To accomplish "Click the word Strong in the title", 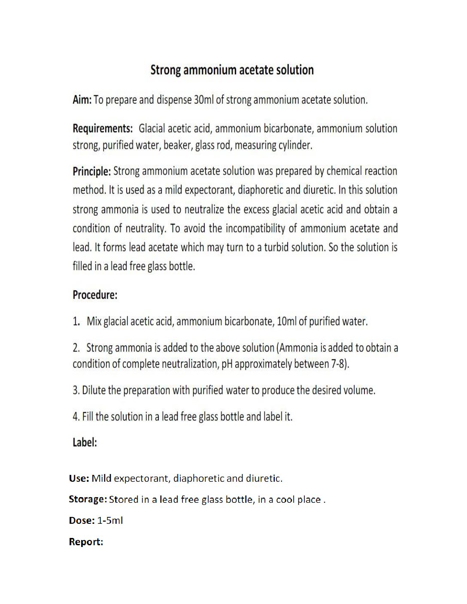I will [x=166, y=70].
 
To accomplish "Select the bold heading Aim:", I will [x=82, y=100].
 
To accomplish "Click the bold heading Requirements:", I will [x=103, y=129].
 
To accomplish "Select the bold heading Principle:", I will [x=91, y=172].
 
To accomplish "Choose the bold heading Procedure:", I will [x=95, y=295].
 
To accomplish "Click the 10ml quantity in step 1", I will [x=286, y=321].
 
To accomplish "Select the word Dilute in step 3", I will [x=94, y=390].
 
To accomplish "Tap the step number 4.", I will [x=76, y=417].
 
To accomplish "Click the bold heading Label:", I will [x=85, y=443].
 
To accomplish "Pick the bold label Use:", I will [x=79, y=478].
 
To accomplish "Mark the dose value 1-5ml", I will [x=110, y=521].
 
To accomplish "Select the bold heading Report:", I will [x=86, y=542].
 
